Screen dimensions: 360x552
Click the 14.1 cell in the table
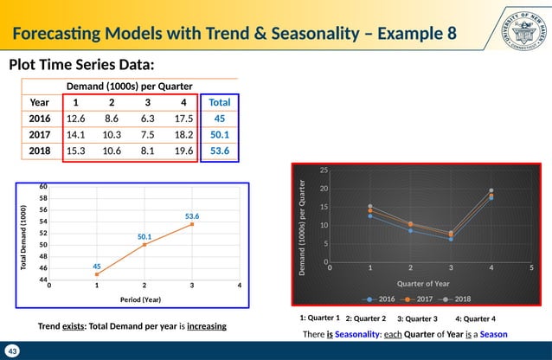pyautogui.click(x=76, y=135)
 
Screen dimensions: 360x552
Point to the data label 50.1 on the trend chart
pyautogui.click(x=144, y=235)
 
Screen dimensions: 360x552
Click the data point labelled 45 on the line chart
pyautogui.click(x=96, y=274)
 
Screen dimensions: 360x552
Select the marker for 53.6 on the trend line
pyautogui.click(x=191, y=224)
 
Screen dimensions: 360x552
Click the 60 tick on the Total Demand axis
pyautogui.click(x=42, y=186)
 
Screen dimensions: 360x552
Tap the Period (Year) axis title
pyautogui.click(x=144, y=300)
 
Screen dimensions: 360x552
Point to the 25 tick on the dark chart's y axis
pyautogui.click(x=324, y=170)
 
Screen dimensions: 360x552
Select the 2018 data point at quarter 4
pyautogui.click(x=491, y=190)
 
